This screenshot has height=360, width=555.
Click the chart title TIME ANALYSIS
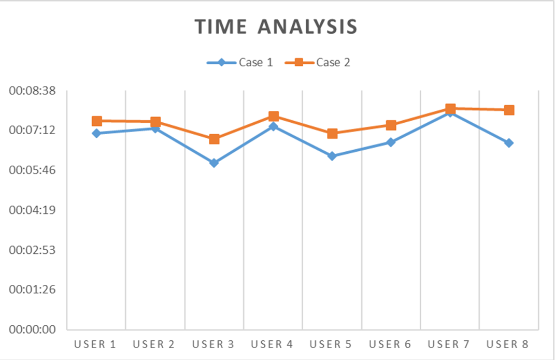[276, 27]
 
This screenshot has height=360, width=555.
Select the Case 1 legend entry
[240, 63]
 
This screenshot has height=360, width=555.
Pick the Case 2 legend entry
[318, 63]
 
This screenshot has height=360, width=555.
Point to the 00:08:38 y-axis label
[32, 91]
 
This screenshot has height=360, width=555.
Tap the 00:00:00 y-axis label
[32, 329]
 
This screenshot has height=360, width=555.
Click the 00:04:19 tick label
[32, 210]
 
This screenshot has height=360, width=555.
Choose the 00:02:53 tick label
[32, 250]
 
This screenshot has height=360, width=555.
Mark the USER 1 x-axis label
[95, 344]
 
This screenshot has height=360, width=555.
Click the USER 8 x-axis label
[507, 344]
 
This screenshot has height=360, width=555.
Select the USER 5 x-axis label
[331, 344]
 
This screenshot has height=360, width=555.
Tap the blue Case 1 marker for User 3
[214, 163]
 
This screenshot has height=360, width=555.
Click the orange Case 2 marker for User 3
[214, 139]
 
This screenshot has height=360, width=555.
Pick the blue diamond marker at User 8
[509, 143]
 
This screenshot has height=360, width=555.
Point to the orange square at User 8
[509, 110]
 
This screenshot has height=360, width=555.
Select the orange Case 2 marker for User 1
[96, 121]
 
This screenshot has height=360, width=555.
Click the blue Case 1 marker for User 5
[332, 156]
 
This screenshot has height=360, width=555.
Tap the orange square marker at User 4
[273, 116]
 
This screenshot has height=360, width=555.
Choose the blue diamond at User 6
[391, 142]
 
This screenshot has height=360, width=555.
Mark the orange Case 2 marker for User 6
[391, 125]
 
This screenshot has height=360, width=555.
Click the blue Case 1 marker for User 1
[96, 133]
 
